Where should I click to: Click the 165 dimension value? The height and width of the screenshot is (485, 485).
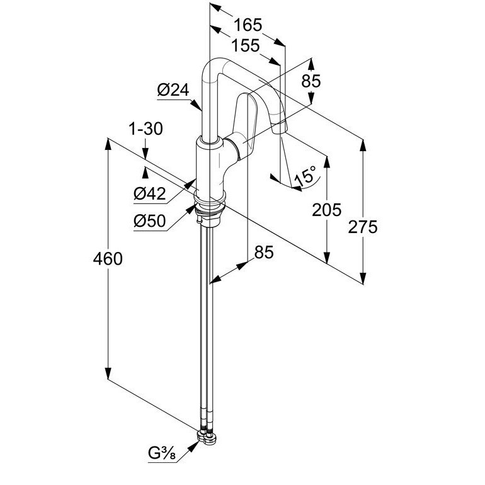248,25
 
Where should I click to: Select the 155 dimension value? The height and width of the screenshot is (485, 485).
246,46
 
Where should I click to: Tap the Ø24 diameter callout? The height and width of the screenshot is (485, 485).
173,90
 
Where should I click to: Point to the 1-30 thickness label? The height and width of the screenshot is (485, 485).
145,128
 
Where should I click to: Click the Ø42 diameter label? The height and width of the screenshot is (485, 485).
150,194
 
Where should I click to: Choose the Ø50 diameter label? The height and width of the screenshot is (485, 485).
150,221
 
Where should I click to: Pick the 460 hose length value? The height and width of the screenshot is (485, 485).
108,259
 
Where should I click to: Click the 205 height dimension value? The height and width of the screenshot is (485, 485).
327,209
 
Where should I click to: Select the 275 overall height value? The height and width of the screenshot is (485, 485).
363,227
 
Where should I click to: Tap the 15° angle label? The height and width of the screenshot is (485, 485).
305,175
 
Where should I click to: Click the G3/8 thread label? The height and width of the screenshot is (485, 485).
162,454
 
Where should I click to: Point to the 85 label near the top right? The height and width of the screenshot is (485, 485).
311,81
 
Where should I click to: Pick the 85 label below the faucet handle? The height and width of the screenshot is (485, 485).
264,252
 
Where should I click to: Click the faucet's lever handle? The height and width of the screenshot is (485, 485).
246,123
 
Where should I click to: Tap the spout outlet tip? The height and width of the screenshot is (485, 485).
279,127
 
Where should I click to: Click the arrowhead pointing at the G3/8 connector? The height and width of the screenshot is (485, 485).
194,447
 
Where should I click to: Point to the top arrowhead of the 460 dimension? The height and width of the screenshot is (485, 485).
108,144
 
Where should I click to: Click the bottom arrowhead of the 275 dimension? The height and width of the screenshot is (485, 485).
363,278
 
